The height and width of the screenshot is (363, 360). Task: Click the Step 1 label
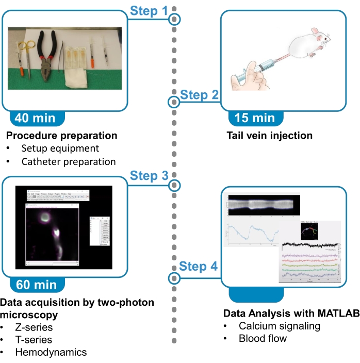click(x=149, y=10)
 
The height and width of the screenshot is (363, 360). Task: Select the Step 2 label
click(x=200, y=94)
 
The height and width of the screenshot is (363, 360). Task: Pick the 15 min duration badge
click(x=255, y=118)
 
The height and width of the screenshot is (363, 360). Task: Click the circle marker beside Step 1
click(x=175, y=20)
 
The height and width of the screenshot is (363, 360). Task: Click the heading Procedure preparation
click(x=61, y=136)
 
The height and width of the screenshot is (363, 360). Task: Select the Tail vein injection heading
click(x=269, y=136)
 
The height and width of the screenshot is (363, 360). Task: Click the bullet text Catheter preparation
click(x=69, y=161)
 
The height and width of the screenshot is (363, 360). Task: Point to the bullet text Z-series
click(x=34, y=327)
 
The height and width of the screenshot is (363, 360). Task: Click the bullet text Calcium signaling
click(x=279, y=326)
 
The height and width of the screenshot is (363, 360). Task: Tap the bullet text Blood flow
click(x=263, y=339)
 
